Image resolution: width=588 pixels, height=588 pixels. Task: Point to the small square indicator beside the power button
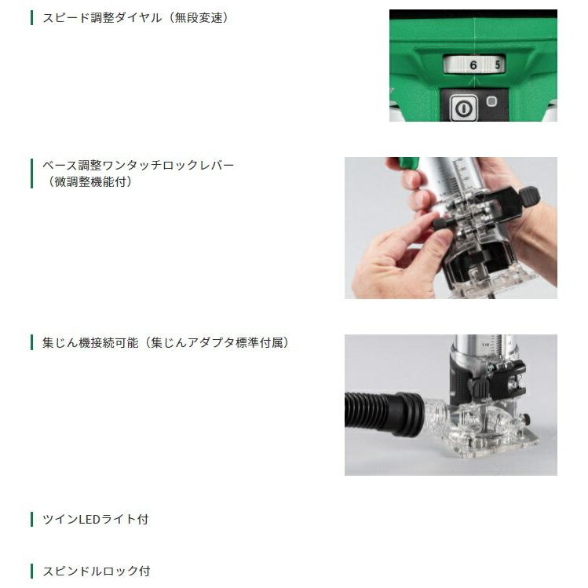(x=491, y=101)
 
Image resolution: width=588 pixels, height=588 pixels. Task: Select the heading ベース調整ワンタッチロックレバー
(x=138, y=166)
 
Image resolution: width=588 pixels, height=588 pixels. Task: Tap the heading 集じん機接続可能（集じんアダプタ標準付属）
(x=165, y=343)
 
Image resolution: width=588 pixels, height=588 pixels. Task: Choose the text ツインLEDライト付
(x=95, y=519)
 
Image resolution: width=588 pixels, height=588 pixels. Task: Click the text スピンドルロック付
(x=96, y=571)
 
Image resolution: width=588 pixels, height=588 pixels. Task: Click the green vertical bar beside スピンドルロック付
(x=32, y=571)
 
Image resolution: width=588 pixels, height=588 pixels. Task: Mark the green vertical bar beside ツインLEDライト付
(x=32, y=519)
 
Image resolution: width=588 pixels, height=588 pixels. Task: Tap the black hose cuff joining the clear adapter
(x=408, y=412)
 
